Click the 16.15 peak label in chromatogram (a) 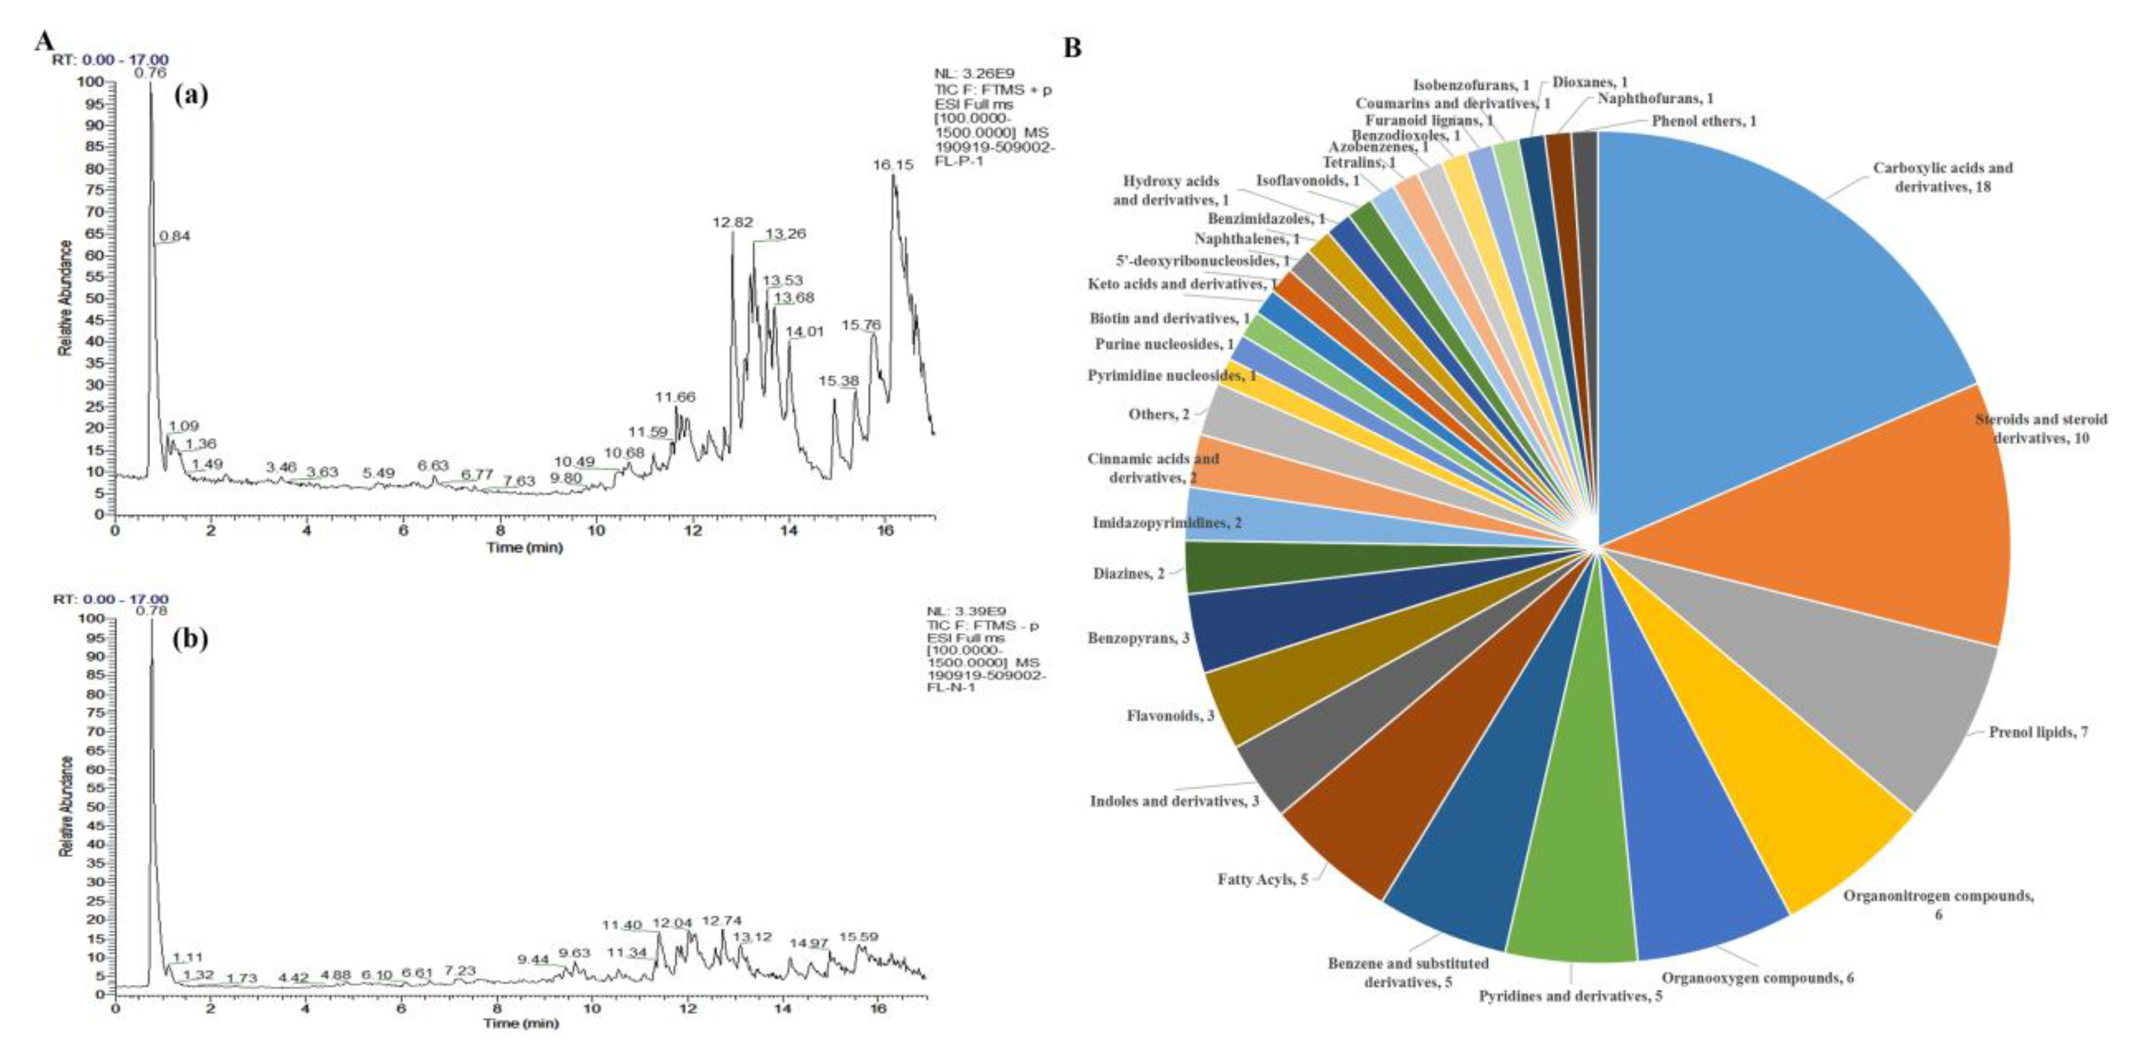tap(893, 165)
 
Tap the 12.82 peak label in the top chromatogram tap(733, 222)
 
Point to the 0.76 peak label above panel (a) tap(151, 73)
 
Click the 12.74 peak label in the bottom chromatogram tap(722, 921)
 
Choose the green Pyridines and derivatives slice tap(1568, 896)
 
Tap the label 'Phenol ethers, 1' tap(1704, 121)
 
